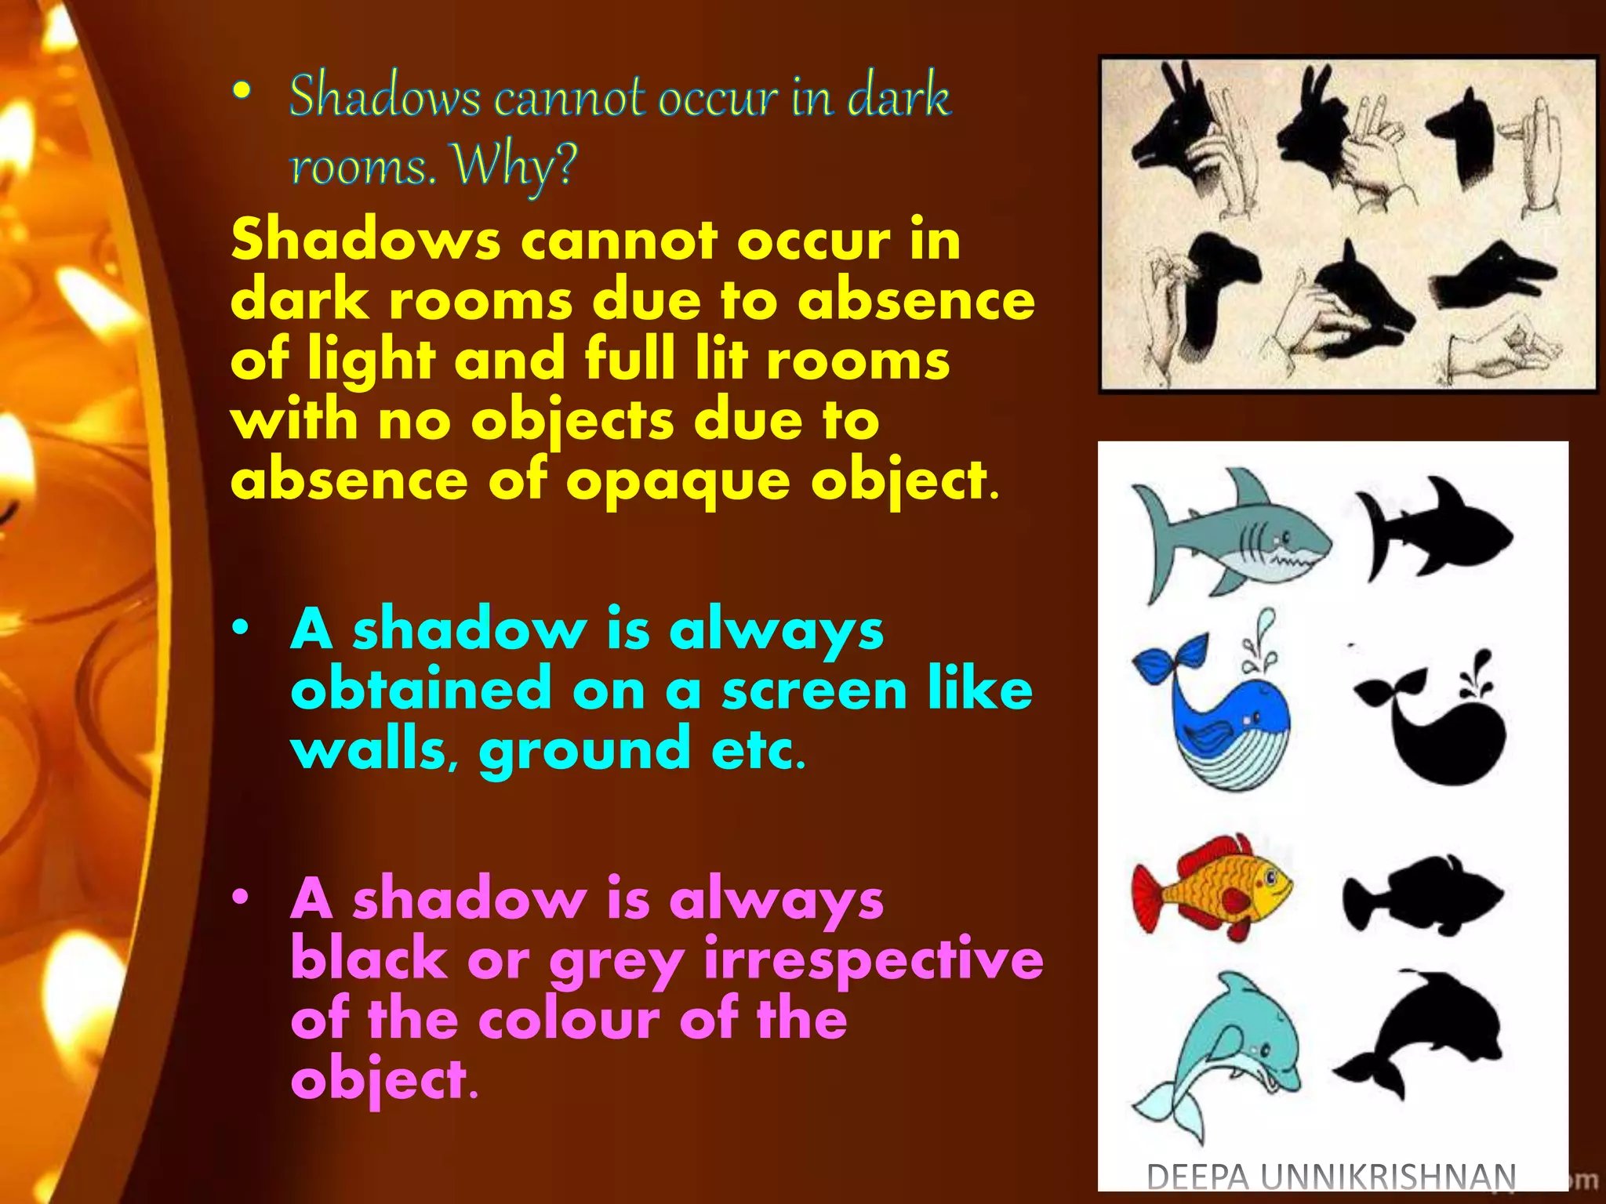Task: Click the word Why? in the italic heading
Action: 515,166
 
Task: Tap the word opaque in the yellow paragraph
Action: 678,481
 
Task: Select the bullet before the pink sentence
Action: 241,898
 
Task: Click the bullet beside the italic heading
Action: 242,92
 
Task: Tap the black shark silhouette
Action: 1433,529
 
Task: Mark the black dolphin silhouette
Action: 1423,1031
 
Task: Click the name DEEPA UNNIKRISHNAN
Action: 1331,1177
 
